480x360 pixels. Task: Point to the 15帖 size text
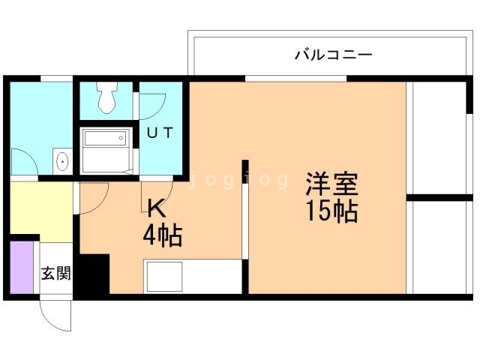[331, 211]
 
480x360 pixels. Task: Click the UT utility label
[160, 133]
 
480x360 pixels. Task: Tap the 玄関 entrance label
[55, 274]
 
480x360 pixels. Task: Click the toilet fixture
[107, 96]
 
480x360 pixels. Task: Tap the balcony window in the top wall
[295, 78]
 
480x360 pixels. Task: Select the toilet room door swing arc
[153, 103]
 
